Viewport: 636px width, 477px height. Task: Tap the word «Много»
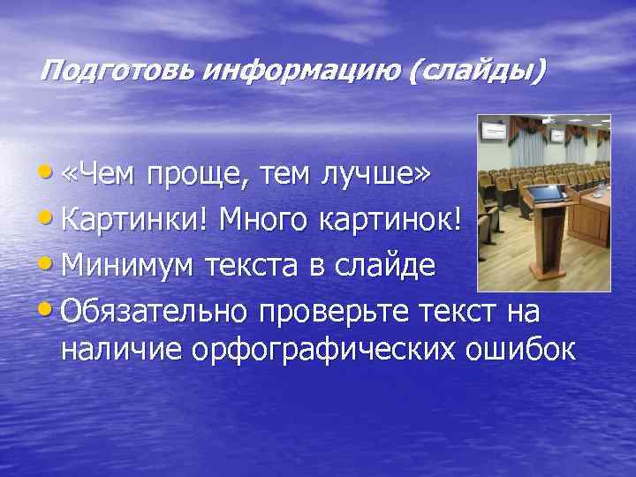(264, 220)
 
